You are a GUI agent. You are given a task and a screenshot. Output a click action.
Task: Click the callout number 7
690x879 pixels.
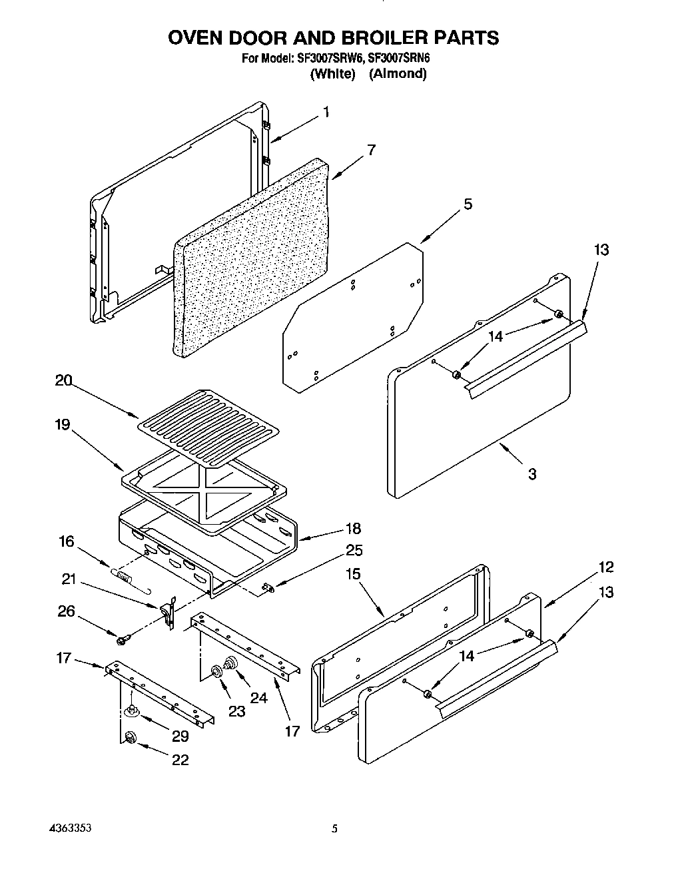click(x=371, y=150)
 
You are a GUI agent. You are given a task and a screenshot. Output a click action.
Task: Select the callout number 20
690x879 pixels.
click(x=63, y=381)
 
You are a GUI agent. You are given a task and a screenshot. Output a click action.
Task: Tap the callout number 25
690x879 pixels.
click(x=354, y=551)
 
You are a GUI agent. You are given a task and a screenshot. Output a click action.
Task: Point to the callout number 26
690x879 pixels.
click(x=66, y=611)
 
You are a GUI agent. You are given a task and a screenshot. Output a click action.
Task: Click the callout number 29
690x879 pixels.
click(x=180, y=736)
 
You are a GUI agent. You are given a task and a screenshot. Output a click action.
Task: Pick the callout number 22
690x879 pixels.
click(x=180, y=760)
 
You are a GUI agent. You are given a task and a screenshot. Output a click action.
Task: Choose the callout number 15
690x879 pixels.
click(x=353, y=574)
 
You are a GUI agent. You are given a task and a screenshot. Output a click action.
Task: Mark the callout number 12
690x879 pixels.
click(x=605, y=567)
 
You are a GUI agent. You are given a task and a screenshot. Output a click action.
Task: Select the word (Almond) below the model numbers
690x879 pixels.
click(x=398, y=74)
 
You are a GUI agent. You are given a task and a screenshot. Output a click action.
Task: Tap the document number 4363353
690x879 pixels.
click(x=70, y=829)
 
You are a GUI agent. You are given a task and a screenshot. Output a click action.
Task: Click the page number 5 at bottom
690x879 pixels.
click(x=335, y=830)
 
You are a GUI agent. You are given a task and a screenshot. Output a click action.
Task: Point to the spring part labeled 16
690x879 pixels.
click(x=123, y=573)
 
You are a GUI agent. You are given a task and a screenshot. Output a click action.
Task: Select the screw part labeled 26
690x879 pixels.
click(x=122, y=640)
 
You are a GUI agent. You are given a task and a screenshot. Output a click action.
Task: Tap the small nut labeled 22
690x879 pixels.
click(x=130, y=737)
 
